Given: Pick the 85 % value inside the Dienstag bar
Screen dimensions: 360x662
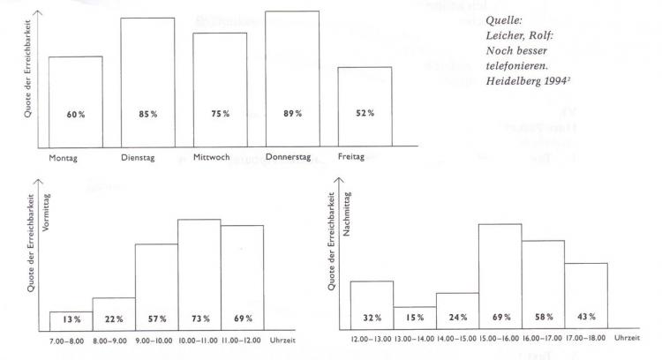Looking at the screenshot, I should pyautogui.click(x=147, y=114).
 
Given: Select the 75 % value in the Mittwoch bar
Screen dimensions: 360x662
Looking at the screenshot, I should pyautogui.click(x=220, y=114).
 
